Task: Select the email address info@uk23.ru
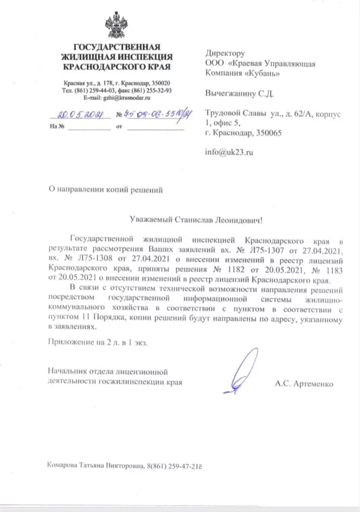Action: pos(229,151)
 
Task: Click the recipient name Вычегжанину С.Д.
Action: pos(239,94)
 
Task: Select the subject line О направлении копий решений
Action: pos(105,190)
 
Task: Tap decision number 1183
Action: pos(334,268)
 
